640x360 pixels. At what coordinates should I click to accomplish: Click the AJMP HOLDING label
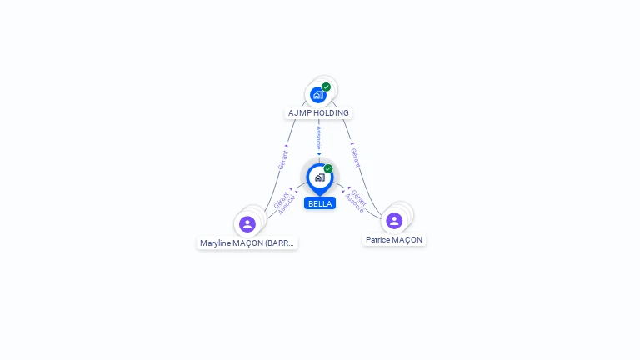tap(318, 112)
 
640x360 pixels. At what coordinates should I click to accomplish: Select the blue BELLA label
tap(320, 203)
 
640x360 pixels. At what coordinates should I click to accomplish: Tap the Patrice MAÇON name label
tap(394, 239)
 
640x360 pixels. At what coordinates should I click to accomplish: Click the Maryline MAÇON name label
tap(247, 243)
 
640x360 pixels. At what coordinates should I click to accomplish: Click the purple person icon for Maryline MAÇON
tap(247, 224)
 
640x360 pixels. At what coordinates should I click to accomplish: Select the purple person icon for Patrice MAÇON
tap(394, 221)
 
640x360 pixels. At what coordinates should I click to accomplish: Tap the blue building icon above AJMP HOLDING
tap(317, 95)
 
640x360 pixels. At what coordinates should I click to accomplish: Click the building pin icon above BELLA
tap(319, 177)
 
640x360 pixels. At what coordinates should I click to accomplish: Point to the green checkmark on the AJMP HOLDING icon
tap(326, 87)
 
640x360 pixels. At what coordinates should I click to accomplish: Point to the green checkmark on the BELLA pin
tap(328, 168)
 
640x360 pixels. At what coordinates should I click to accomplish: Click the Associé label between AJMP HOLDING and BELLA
tap(318, 138)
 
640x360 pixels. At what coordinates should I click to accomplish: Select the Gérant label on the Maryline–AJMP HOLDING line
tap(282, 159)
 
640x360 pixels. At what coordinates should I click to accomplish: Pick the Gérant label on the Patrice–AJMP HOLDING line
tap(355, 157)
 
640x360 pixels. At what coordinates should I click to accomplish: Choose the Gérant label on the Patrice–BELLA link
tap(359, 197)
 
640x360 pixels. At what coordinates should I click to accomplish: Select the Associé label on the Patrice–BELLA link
tap(354, 203)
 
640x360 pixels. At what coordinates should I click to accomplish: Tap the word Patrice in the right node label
tap(378, 239)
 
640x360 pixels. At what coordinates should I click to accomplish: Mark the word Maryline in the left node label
tap(216, 243)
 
